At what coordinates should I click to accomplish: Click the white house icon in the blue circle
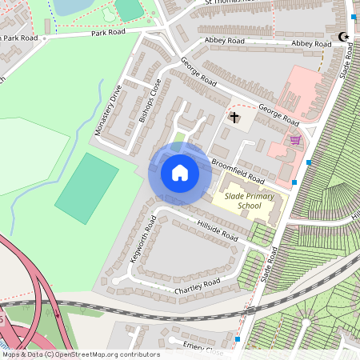pos(180,172)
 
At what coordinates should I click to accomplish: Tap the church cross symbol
pos(234,118)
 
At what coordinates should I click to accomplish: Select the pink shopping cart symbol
pos(296,140)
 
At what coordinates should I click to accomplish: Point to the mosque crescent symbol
pos(345,37)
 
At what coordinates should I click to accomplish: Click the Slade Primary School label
pos(249,201)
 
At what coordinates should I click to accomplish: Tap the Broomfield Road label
pos(238,170)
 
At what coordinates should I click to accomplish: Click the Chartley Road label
pos(198,285)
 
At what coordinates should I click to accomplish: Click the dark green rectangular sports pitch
pos(86,189)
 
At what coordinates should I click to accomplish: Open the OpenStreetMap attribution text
pos(80,354)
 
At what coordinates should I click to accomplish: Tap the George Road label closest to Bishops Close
pos(198,71)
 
